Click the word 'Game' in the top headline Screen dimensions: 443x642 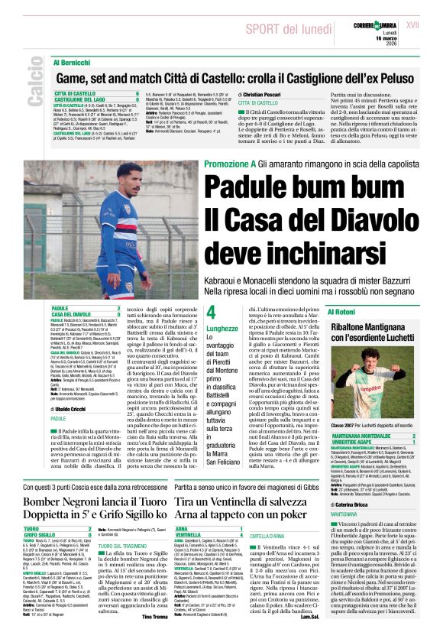[x=73, y=77]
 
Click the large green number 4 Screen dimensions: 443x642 [x=212, y=313]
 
